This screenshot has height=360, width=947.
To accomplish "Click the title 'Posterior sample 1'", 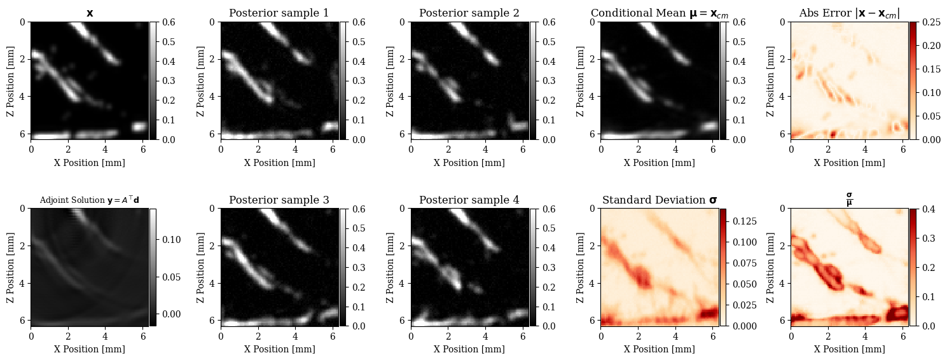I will click(279, 13).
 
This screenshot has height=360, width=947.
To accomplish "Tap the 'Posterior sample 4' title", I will click(469, 200).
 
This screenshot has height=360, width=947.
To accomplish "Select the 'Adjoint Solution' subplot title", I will click(89, 200).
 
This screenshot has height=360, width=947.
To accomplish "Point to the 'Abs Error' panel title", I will click(849, 13).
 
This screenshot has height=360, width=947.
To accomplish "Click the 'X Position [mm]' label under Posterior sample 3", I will click(279, 349).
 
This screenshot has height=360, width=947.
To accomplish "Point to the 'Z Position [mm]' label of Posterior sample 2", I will click(390, 81).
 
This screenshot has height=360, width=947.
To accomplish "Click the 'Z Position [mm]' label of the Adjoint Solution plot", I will click(10, 268).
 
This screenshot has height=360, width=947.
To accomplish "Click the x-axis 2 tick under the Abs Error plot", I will click(828, 149).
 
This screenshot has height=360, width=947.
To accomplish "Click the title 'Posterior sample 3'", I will click(279, 200).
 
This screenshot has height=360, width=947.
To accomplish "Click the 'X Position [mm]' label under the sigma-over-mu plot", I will click(849, 349).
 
